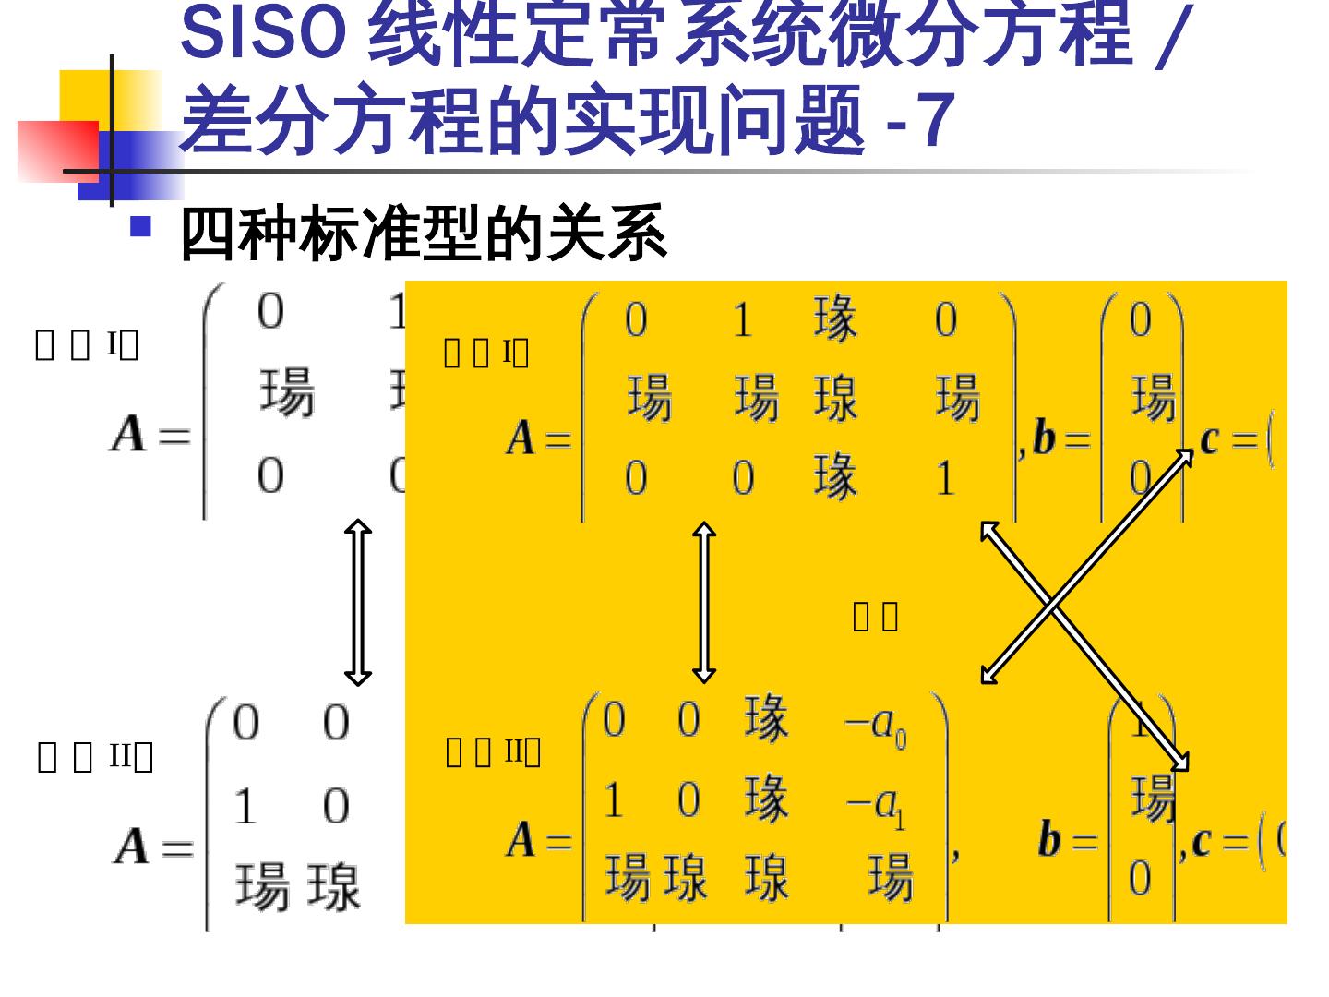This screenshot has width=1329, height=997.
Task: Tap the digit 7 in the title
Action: point(935,120)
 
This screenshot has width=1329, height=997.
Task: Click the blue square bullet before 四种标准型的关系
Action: point(140,226)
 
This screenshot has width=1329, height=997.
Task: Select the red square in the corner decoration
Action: point(57,150)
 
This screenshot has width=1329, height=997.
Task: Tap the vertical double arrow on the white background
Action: point(357,602)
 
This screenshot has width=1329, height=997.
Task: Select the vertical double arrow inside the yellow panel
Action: point(704,602)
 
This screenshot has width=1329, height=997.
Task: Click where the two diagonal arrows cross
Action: point(1052,605)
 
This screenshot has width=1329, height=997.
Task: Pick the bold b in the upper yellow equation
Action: point(1044,438)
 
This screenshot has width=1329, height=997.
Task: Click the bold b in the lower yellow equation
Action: point(1049,839)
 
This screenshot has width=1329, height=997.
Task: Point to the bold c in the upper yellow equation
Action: point(1209,439)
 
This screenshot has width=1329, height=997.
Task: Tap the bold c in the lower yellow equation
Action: point(1201,842)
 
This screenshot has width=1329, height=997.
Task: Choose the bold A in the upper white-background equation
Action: point(128,433)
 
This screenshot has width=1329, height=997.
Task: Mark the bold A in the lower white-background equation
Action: point(132,845)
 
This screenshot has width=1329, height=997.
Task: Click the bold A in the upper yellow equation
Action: point(521,438)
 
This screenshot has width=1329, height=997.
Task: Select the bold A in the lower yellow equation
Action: point(521,839)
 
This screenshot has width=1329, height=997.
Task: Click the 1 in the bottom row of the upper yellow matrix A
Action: point(944,478)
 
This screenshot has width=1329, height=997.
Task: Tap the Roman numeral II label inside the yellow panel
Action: point(513,751)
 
